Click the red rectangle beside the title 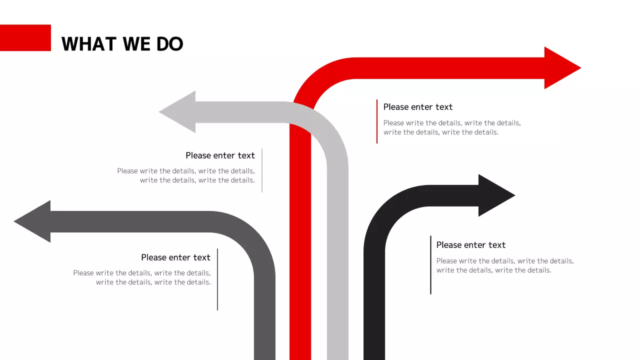25,38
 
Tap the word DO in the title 170,44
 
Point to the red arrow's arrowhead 560,68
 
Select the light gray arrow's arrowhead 180,112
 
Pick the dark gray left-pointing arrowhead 35,221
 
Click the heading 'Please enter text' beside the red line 418,107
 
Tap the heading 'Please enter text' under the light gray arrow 220,155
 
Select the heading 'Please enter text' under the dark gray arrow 175,257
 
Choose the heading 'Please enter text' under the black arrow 471,245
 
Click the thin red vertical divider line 377,121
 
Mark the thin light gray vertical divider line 262,170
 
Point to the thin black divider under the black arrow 430,265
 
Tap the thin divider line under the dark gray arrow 217,279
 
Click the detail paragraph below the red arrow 451,127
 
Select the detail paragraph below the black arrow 504,265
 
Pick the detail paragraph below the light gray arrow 186,175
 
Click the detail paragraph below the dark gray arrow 142,277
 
